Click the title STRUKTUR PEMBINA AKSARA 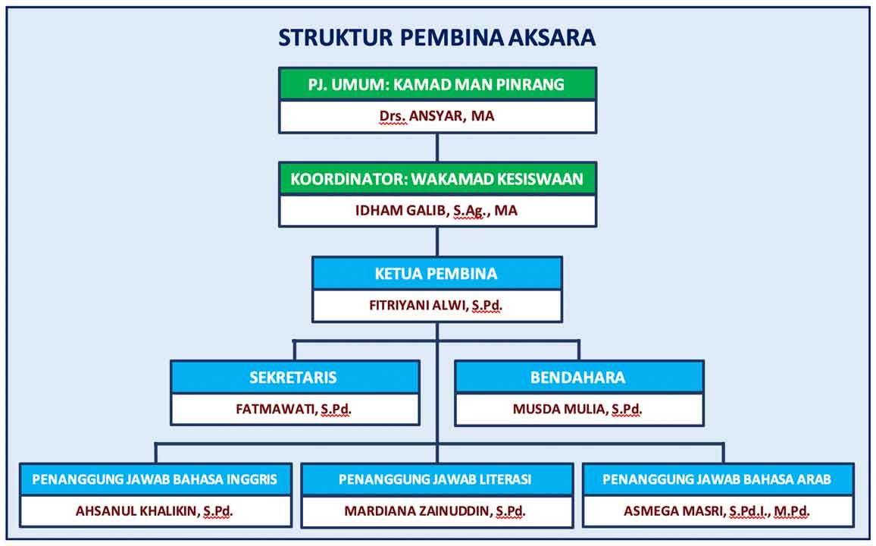437,37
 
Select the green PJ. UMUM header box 437,84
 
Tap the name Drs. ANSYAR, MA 437,116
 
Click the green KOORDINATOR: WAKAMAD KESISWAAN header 437,179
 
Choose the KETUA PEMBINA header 437,273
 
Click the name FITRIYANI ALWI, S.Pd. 436,305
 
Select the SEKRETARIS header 295,377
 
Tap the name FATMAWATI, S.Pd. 294,409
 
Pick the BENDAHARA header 579,377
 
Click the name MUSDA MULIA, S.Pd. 577,409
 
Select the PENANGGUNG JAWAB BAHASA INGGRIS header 155,479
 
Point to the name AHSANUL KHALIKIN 137,511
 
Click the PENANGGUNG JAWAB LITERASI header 437,479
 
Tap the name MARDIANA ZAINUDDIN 418,511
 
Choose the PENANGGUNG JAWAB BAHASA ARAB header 718,479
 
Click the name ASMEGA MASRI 673,511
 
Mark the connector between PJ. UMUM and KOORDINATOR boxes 437,148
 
